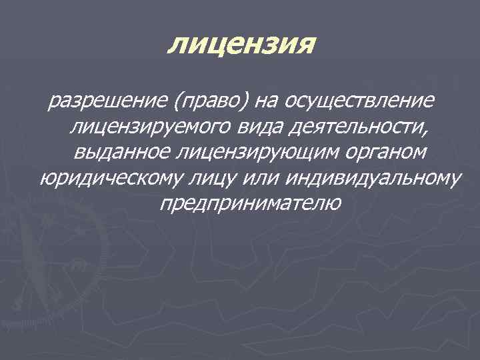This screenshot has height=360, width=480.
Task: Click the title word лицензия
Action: (x=239, y=45)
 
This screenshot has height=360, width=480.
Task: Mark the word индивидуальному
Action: (x=373, y=179)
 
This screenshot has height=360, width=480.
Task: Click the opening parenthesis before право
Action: (x=175, y=103)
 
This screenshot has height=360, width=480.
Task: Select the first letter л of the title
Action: (x=177, y=46)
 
